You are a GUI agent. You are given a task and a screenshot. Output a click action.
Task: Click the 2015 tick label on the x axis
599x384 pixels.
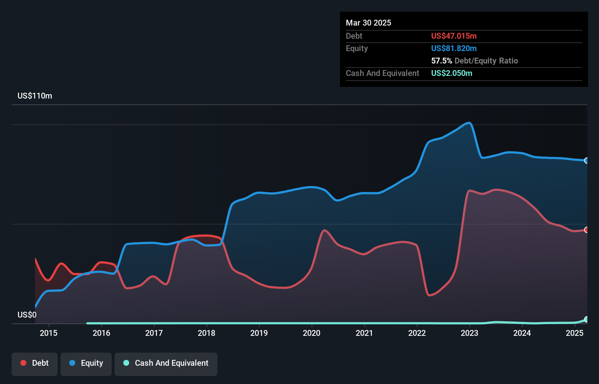[x=49, y=333]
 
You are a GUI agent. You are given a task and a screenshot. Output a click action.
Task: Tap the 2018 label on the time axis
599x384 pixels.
[x=206, y=333]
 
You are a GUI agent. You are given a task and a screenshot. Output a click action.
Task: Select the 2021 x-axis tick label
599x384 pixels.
[x=364, y=333]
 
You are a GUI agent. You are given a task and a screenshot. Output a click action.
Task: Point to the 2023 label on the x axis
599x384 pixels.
[x=469, y=333]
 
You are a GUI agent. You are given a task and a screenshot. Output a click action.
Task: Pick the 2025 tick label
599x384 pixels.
[x=575, y=333]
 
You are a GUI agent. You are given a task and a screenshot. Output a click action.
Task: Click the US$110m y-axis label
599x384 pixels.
[x=35, y=96]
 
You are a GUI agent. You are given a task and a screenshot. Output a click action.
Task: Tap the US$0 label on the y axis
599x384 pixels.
[x=27, y=315]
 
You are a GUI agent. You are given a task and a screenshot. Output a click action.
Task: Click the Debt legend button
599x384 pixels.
[x=35, y=363]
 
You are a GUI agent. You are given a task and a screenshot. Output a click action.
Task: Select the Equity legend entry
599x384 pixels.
[x=86, y=363]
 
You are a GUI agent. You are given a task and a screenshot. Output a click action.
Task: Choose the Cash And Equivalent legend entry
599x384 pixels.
[x=166, y=363]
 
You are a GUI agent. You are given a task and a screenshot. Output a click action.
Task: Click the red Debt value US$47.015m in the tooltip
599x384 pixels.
[x=454, y=36]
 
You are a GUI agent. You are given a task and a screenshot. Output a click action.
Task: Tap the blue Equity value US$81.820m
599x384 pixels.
[x=454, y=49]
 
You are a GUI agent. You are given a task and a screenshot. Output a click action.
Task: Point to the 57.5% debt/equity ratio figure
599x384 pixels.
[x=441, y=61]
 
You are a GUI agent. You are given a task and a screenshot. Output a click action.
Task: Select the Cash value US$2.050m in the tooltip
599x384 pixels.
[x=452, y=73]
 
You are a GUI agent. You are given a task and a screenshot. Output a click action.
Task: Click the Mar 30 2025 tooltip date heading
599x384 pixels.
[x=368, y=23]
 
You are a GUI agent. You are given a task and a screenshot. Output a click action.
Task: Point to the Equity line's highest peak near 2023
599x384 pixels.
[x=469, y=123]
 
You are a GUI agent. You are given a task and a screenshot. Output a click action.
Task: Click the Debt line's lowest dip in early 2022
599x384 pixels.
[x=429, y=295]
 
